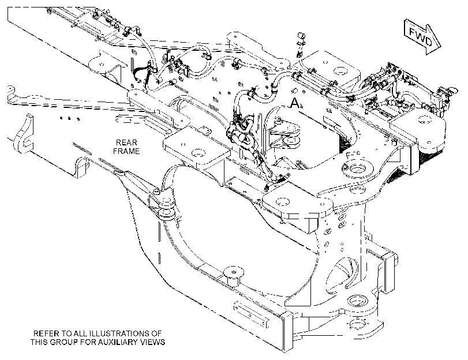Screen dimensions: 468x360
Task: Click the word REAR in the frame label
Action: pyautogui.click(x=126, y=142)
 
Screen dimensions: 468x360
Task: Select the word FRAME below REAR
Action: pyautogui.click(x=126, y=151)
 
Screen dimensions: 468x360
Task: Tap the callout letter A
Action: pyautogui.click(x=294, y=103)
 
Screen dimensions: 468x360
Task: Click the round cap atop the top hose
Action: pyautogui.click(x=301, y=36)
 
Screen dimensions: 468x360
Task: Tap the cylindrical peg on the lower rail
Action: pyautogui.click(x=234, y=276)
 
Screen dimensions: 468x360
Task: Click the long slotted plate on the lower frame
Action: pyautogui.click(x=251, y=314)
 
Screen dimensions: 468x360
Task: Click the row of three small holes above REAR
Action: pyautogui.click(x=69, y=118)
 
